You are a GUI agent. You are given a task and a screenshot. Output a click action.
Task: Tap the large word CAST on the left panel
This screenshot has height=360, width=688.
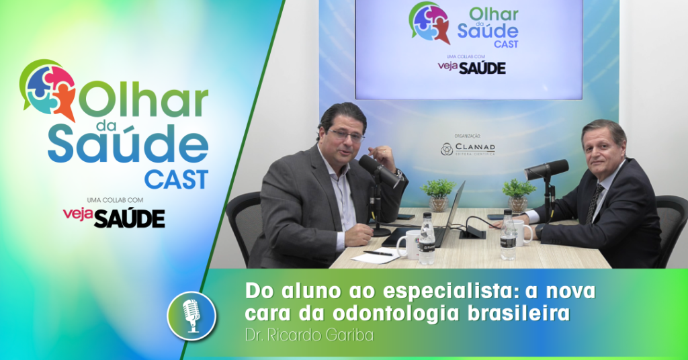(176, 179)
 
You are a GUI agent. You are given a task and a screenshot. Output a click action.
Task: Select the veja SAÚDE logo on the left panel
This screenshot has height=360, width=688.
(114, 217)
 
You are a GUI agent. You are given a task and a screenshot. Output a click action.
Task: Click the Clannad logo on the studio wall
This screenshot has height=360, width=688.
(468, 149)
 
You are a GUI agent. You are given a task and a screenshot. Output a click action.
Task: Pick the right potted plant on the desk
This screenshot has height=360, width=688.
(519, 193)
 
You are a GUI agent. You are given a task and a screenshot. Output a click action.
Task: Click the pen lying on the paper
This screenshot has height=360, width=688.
(378, 253)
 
